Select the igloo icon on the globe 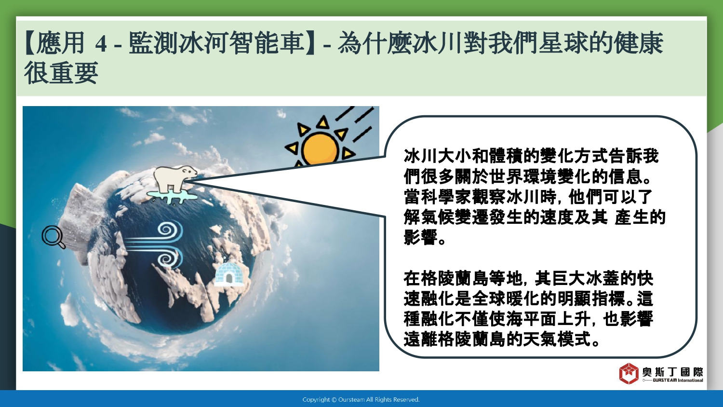click(229, 274)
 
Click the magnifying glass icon click(54, 237)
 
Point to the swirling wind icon click(154, 244)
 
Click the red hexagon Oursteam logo click(629, 373)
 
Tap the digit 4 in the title click(101, 43)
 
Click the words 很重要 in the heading click(61, 73)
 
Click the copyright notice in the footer click(361, 400)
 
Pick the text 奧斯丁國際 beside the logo click(673, 372)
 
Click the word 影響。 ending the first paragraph click(425, 237)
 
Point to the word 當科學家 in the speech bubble click(437, 197)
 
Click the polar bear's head click(188, 171)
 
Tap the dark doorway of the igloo click(229, 278)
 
